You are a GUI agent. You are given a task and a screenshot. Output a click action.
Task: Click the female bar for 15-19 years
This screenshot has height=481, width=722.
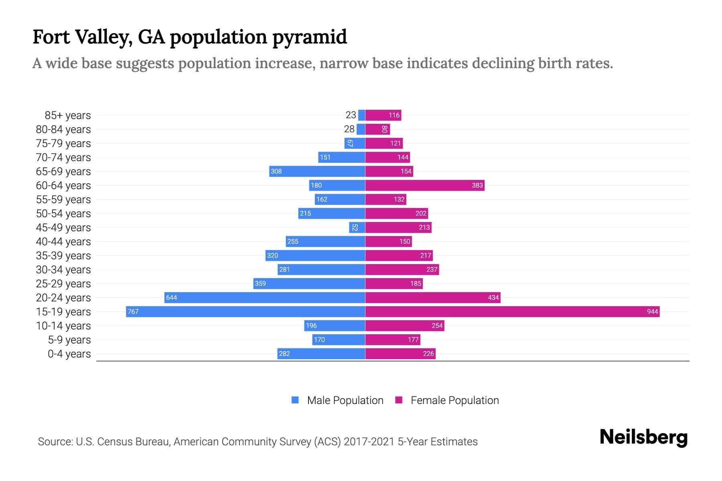point(512,311)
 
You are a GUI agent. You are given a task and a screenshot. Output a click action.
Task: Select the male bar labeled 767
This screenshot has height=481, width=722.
point(245,311)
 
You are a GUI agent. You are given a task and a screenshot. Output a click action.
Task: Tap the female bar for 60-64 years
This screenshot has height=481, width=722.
point(425,185)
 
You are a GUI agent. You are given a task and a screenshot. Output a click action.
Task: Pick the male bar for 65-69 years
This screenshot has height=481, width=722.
point(317,171)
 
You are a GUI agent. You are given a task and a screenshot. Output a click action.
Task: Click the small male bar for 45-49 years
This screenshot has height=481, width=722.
point(357,227)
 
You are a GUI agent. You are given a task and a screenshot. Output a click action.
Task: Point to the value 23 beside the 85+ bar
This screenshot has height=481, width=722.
point(351,115)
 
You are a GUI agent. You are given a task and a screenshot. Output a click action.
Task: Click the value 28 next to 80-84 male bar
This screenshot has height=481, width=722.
point(349,129)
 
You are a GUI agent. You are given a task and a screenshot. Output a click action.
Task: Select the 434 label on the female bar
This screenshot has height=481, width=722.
point(493,297)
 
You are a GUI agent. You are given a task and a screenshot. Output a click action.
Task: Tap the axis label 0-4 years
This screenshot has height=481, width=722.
point(69,354)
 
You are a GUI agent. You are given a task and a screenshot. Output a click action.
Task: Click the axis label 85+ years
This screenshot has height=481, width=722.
point(67,115)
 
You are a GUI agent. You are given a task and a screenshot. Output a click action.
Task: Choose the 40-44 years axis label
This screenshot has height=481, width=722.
point(63,242)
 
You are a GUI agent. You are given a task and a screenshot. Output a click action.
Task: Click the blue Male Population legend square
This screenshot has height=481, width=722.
point(295,400)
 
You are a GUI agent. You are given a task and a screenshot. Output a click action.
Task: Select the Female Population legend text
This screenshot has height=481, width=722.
point(454,400)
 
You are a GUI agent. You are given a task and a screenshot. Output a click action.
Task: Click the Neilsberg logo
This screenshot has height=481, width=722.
point(643,437)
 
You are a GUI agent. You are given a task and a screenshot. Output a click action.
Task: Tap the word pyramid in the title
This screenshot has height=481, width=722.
point(309,37)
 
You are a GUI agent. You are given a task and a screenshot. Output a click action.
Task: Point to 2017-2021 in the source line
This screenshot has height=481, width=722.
point(369,442)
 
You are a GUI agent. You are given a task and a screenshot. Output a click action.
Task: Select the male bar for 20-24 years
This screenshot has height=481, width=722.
point(265,297)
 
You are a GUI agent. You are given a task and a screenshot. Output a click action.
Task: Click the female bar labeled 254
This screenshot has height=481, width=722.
point(405,325)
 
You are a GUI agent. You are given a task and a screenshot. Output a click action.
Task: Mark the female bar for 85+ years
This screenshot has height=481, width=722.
point(383,115)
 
